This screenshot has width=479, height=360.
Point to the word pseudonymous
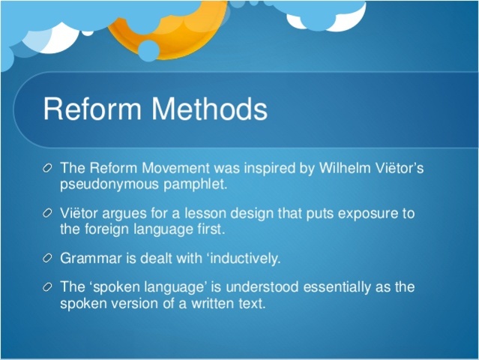point(101,183)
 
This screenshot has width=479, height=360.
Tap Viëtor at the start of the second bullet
point(79,214)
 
